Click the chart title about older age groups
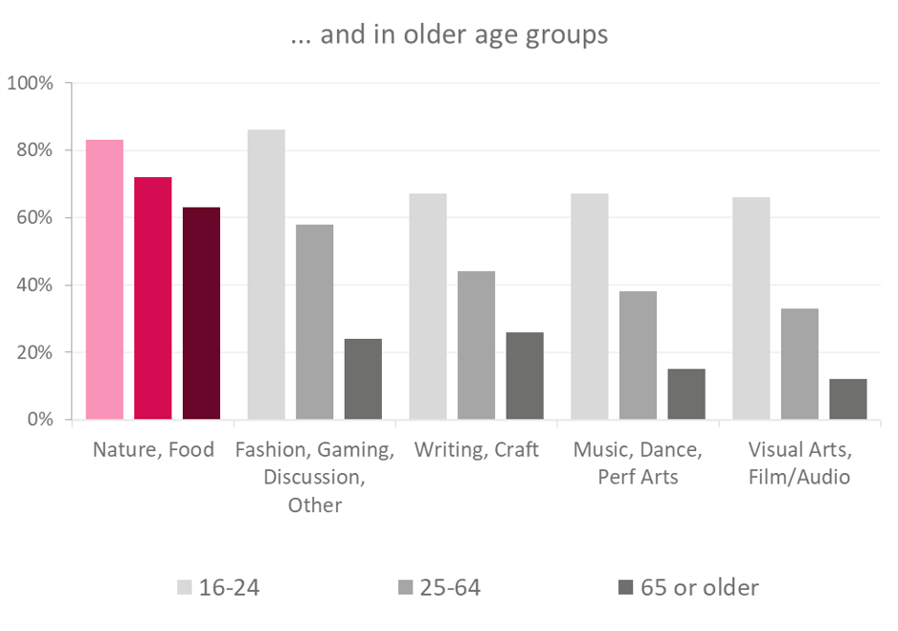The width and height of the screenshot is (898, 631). click(x=449, y=34)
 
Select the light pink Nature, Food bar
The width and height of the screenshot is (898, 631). click(x=104, y=280)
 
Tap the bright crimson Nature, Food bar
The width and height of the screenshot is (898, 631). click(x=153, y=299)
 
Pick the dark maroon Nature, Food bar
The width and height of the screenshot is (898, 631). click(x=202, y=313)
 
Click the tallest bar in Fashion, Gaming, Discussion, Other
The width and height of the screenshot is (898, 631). click(x=266, y=274)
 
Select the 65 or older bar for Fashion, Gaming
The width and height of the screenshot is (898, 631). click(x=363, y=379)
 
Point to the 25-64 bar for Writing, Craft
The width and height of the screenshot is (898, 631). click(x=477, y=346)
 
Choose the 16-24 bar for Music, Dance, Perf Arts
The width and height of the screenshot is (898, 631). click(x=590, y=306)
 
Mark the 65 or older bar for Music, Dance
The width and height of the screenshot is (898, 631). click(x=686, y=394)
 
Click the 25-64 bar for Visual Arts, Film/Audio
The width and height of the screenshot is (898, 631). click(x=799, y=364)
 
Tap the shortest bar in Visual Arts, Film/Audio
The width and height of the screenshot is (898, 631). click(x=848, y=399)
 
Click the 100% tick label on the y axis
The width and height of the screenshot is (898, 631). click(x=30, y=83)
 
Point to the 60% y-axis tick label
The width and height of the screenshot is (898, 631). click(x=34, y=217)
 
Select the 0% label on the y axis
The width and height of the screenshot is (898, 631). click(x=40, y=419)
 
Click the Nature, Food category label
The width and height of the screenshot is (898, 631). click(x=153, y=450)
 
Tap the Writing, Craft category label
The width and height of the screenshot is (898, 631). click(x=477, y=450)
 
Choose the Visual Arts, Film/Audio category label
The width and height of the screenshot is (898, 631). click(x=799, y=463)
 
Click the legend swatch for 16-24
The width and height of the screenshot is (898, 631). click(x=185, y=588)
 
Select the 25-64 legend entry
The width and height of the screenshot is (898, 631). click(x=439, y=588)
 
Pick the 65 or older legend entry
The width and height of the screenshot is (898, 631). click(x=688, y=588)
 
